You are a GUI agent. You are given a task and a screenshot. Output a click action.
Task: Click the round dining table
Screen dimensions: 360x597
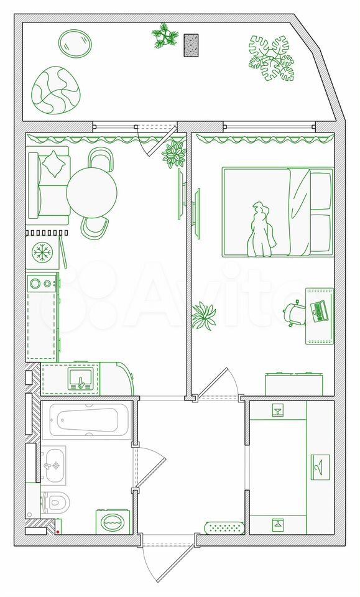pyautogui.click(x=92, y=193)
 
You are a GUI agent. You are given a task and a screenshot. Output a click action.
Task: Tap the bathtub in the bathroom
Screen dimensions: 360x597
pyautogui.click(x=87, y=420)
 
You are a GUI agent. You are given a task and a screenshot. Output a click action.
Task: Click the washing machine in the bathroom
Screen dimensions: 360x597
pyautogui.click(x=113, y=522)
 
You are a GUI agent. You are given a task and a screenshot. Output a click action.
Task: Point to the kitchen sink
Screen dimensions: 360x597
pyautogui.click(x=80, y=379)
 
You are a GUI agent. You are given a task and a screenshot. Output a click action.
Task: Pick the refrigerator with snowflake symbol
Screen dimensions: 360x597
pyautogui.click(x=42, y=252)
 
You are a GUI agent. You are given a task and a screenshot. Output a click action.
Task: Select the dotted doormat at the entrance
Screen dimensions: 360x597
pyautogui.click(x=224, y=528)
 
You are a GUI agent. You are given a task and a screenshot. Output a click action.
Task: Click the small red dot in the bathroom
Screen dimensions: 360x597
pyautogui.click(x=58, y=532)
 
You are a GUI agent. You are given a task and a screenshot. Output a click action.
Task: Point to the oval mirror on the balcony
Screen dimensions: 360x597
pyautogui.click(x=75, y=43)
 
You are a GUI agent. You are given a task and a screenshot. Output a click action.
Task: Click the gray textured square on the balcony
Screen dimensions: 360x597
pyautogui.click(x=191, y=45)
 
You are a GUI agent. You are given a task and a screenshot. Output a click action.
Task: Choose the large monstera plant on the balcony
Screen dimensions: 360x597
pyautogui.click(x=272, y=58)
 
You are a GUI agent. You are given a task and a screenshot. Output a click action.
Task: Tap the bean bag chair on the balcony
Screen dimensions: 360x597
pyautogui.click(x=56, y=90)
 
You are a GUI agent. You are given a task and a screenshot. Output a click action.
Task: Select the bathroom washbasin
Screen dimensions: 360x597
pyautogui.click(x=53, y=465)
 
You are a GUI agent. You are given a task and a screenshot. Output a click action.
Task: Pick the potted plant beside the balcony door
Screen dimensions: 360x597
pyautogui.click(x=174, y=153)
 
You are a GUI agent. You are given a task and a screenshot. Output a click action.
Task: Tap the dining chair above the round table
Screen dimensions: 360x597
pyautogui.click(x=101, y=158)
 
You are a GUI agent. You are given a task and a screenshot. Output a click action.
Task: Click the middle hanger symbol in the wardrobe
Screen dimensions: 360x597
pyautogui.click(x=320, y=467)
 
